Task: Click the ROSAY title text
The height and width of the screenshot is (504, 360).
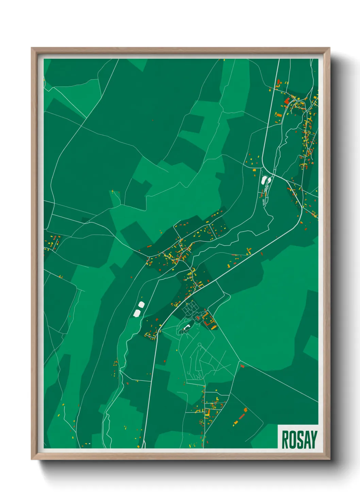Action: (299, 440)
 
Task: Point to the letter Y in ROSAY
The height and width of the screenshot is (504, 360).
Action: (313, 440)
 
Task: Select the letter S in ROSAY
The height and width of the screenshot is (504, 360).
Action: (299, 440)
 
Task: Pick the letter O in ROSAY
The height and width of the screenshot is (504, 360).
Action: (292, 440)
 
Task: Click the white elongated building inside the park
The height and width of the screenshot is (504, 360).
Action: (186, 328)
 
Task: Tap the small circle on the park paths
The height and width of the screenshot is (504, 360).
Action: (199, 345)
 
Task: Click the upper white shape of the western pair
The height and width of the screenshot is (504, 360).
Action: (141, 304)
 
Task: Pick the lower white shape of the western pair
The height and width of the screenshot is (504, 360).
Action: (137, 313)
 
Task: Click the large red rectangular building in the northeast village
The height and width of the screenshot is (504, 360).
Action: (287, 100)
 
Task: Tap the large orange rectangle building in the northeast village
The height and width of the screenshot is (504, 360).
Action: (279, 115)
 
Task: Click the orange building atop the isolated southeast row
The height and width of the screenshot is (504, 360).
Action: (245, 410)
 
